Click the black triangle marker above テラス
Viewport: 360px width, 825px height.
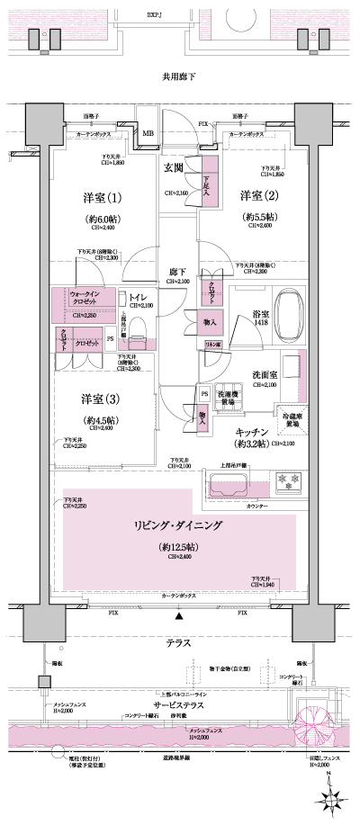tap(179, 617)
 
